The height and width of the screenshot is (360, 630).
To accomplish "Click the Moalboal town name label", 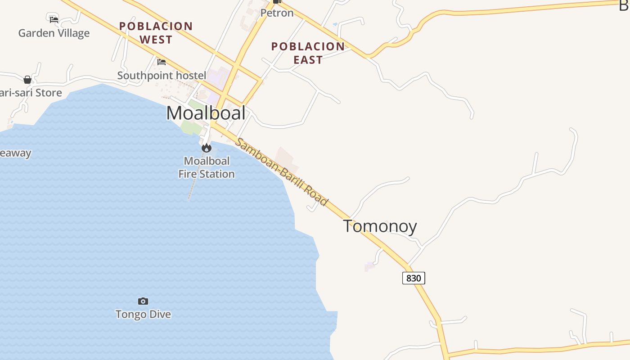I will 206,113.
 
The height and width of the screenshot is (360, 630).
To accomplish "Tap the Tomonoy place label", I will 380,226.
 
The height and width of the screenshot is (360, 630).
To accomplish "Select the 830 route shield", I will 414,278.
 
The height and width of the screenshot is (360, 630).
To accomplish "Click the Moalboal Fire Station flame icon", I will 207,148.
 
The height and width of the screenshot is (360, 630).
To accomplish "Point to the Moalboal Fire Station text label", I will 207,167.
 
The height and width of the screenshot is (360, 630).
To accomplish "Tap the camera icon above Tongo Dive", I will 143,301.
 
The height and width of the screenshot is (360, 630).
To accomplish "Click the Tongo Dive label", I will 143,314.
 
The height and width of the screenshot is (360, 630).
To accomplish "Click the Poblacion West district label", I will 156,33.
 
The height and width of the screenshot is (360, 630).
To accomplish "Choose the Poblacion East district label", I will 308,53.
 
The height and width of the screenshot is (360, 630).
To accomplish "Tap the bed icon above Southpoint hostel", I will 162,62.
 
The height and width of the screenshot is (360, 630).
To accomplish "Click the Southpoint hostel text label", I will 162,76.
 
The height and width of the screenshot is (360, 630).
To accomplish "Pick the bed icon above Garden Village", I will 54,19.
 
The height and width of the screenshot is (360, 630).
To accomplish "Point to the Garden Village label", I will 54,33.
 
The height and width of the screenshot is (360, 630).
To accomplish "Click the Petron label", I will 277,13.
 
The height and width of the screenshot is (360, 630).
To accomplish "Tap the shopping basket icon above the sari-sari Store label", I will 27,80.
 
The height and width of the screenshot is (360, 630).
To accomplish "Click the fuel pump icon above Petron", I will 277,1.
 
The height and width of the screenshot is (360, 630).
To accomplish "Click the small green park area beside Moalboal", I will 192,127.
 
